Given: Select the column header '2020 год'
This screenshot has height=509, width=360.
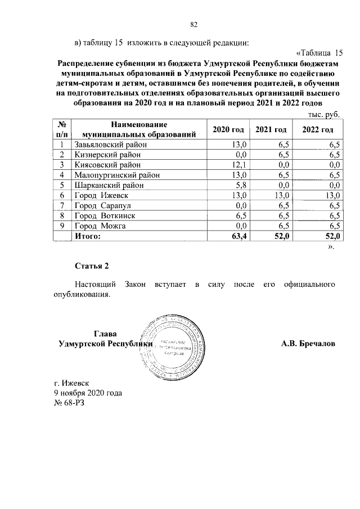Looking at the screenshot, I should tap(228, 130).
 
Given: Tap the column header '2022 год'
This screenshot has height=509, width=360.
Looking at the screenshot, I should tap(317, 130).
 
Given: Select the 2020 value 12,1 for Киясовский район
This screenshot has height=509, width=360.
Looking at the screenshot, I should tap(240, 165).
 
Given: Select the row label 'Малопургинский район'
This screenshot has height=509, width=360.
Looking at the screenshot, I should tap(116, 175).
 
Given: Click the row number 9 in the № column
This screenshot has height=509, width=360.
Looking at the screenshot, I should tap(61, 226).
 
